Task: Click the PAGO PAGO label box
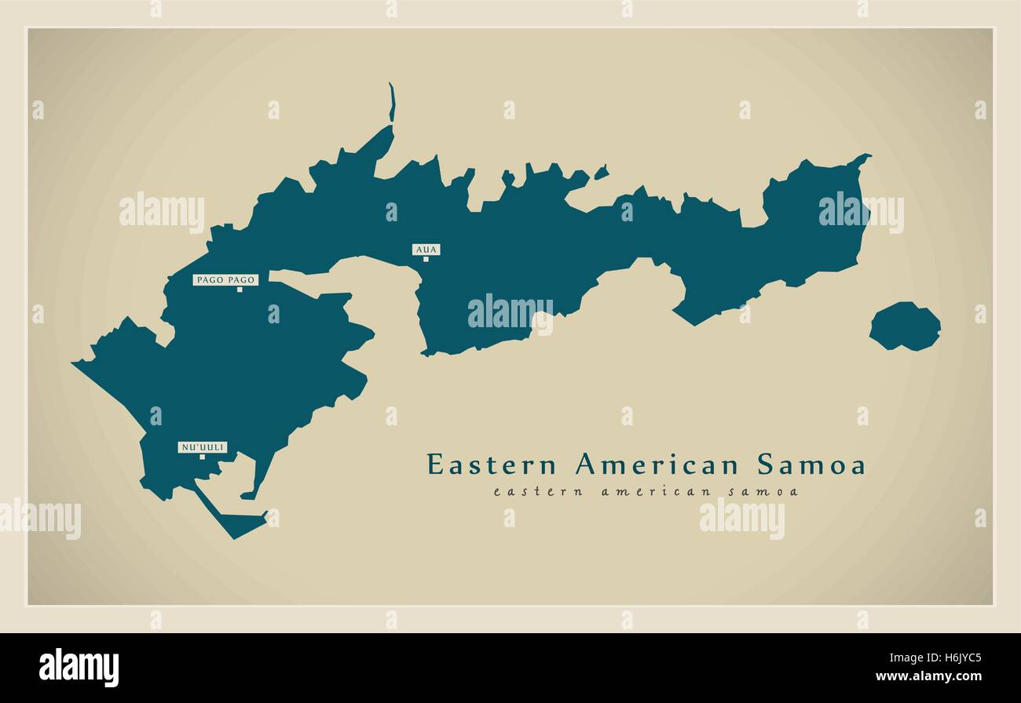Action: pyautogui.click(x=225, y=279)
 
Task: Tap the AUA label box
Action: pyautogui.click(x=426, y=250)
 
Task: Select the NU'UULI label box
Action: pyautogui.click(x=203, y=447)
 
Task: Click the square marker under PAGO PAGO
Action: pyautogui.click(x=240, y=290)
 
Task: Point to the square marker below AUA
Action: pyautogui.click(x=426, y=259)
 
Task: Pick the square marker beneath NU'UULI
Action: pyautogui.click(x=202, y=457)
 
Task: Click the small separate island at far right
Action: pyautogui.click(x=905, y=326)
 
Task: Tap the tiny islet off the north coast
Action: pyautogui.click(x=601, y=172)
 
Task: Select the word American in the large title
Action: pyautogui.click(x=657, y=464)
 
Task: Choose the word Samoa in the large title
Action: pyautogui.click(x=811, y=464)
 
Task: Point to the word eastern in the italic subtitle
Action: pyautogui.click(x=528, y=492)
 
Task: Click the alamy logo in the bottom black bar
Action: pyautogui.click(x=79, y=667)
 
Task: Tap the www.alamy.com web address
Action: pyautogui.click(x=928, y=677)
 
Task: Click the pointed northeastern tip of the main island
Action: pyautogui.click(x=867, y=156)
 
